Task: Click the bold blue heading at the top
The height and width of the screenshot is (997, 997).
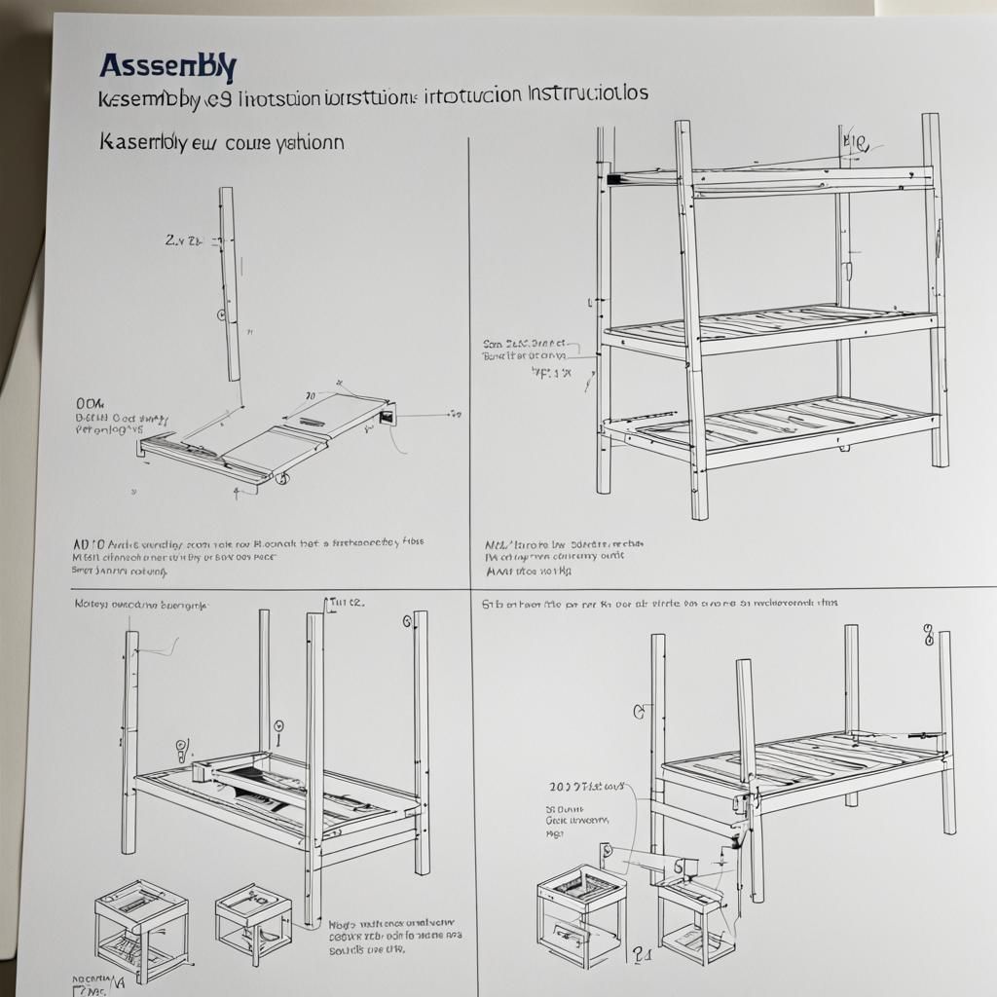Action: tap(167, 67)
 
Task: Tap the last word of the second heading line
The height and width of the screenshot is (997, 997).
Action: tap(588, 94)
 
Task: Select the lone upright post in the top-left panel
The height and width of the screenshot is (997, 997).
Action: tap(229, 283)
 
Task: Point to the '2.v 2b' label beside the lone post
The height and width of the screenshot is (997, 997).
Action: tap(182, 239)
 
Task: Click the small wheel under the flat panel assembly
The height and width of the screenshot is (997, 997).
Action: tap(281, 479)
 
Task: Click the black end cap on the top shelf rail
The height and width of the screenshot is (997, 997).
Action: tap(613, 179)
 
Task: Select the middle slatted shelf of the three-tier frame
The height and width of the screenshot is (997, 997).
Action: tap(769, 327)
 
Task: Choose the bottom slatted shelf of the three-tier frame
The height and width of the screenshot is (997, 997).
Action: tap(769, 424)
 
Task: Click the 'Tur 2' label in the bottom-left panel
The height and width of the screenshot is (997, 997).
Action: tap(346, 603)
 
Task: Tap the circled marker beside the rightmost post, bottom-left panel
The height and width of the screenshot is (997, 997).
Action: tap(405, 622)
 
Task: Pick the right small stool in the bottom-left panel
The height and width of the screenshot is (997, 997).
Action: tap(252, 920)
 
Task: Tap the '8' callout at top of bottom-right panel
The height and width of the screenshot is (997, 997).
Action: tap(928, 637)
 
